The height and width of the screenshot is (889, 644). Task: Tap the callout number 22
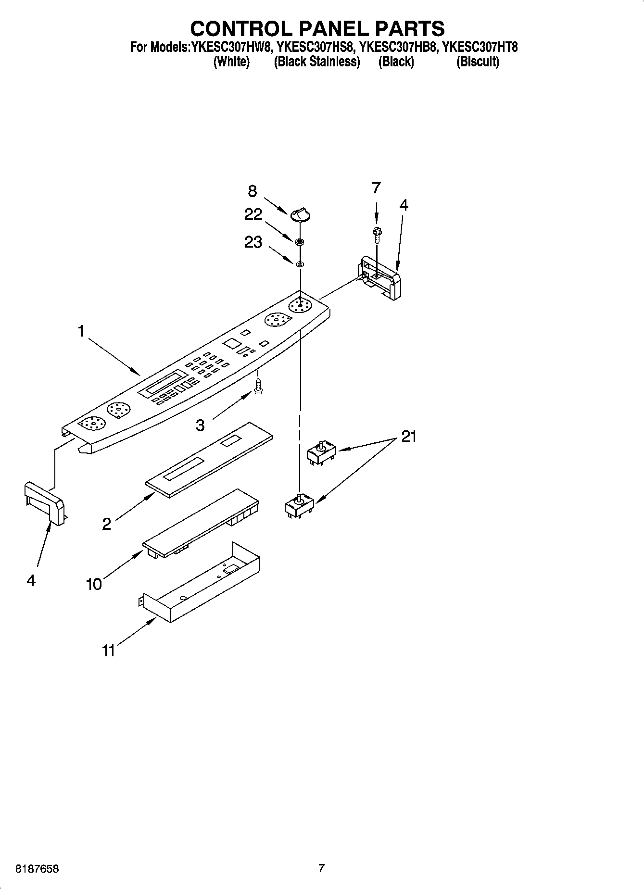253,214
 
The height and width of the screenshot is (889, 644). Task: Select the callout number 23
253,242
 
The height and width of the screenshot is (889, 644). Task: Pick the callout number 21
408,437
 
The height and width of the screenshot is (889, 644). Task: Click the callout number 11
108,651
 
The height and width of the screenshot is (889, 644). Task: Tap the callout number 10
94,584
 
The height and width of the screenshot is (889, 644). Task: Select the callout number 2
106,524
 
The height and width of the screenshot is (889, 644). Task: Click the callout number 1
81,332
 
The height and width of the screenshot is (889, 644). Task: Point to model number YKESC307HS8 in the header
316,48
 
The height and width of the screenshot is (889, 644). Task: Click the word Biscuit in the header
478,62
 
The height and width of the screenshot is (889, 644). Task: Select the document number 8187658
37,869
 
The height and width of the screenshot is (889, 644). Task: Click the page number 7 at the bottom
321,868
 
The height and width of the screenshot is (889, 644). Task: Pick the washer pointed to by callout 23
299,263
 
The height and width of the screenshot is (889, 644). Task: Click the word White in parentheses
231,62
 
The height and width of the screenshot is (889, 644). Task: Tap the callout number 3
200,425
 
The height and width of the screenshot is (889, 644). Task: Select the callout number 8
253,191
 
